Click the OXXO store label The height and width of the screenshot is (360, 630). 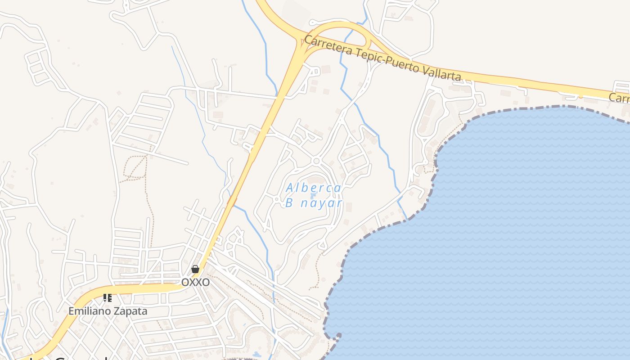(x=195, y=282)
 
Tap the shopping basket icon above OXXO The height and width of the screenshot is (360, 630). (x=195, y=269)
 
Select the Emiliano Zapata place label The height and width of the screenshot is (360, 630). (x=108, y=310)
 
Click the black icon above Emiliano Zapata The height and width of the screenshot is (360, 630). (x=108, y=298)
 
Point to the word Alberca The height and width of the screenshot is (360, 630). (x=313, y=188)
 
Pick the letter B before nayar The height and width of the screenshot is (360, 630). (x=289, y=203)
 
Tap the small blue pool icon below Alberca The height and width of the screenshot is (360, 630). (x=312, y=196)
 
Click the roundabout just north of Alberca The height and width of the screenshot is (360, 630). (x=316, y=161)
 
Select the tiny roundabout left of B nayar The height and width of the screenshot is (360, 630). (x=276, y=199)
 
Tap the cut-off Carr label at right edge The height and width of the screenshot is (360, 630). (x=620, y=98)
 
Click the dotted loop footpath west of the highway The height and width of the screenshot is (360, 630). (x=135, y=167)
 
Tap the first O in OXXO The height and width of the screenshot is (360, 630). (x=185, y=282)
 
